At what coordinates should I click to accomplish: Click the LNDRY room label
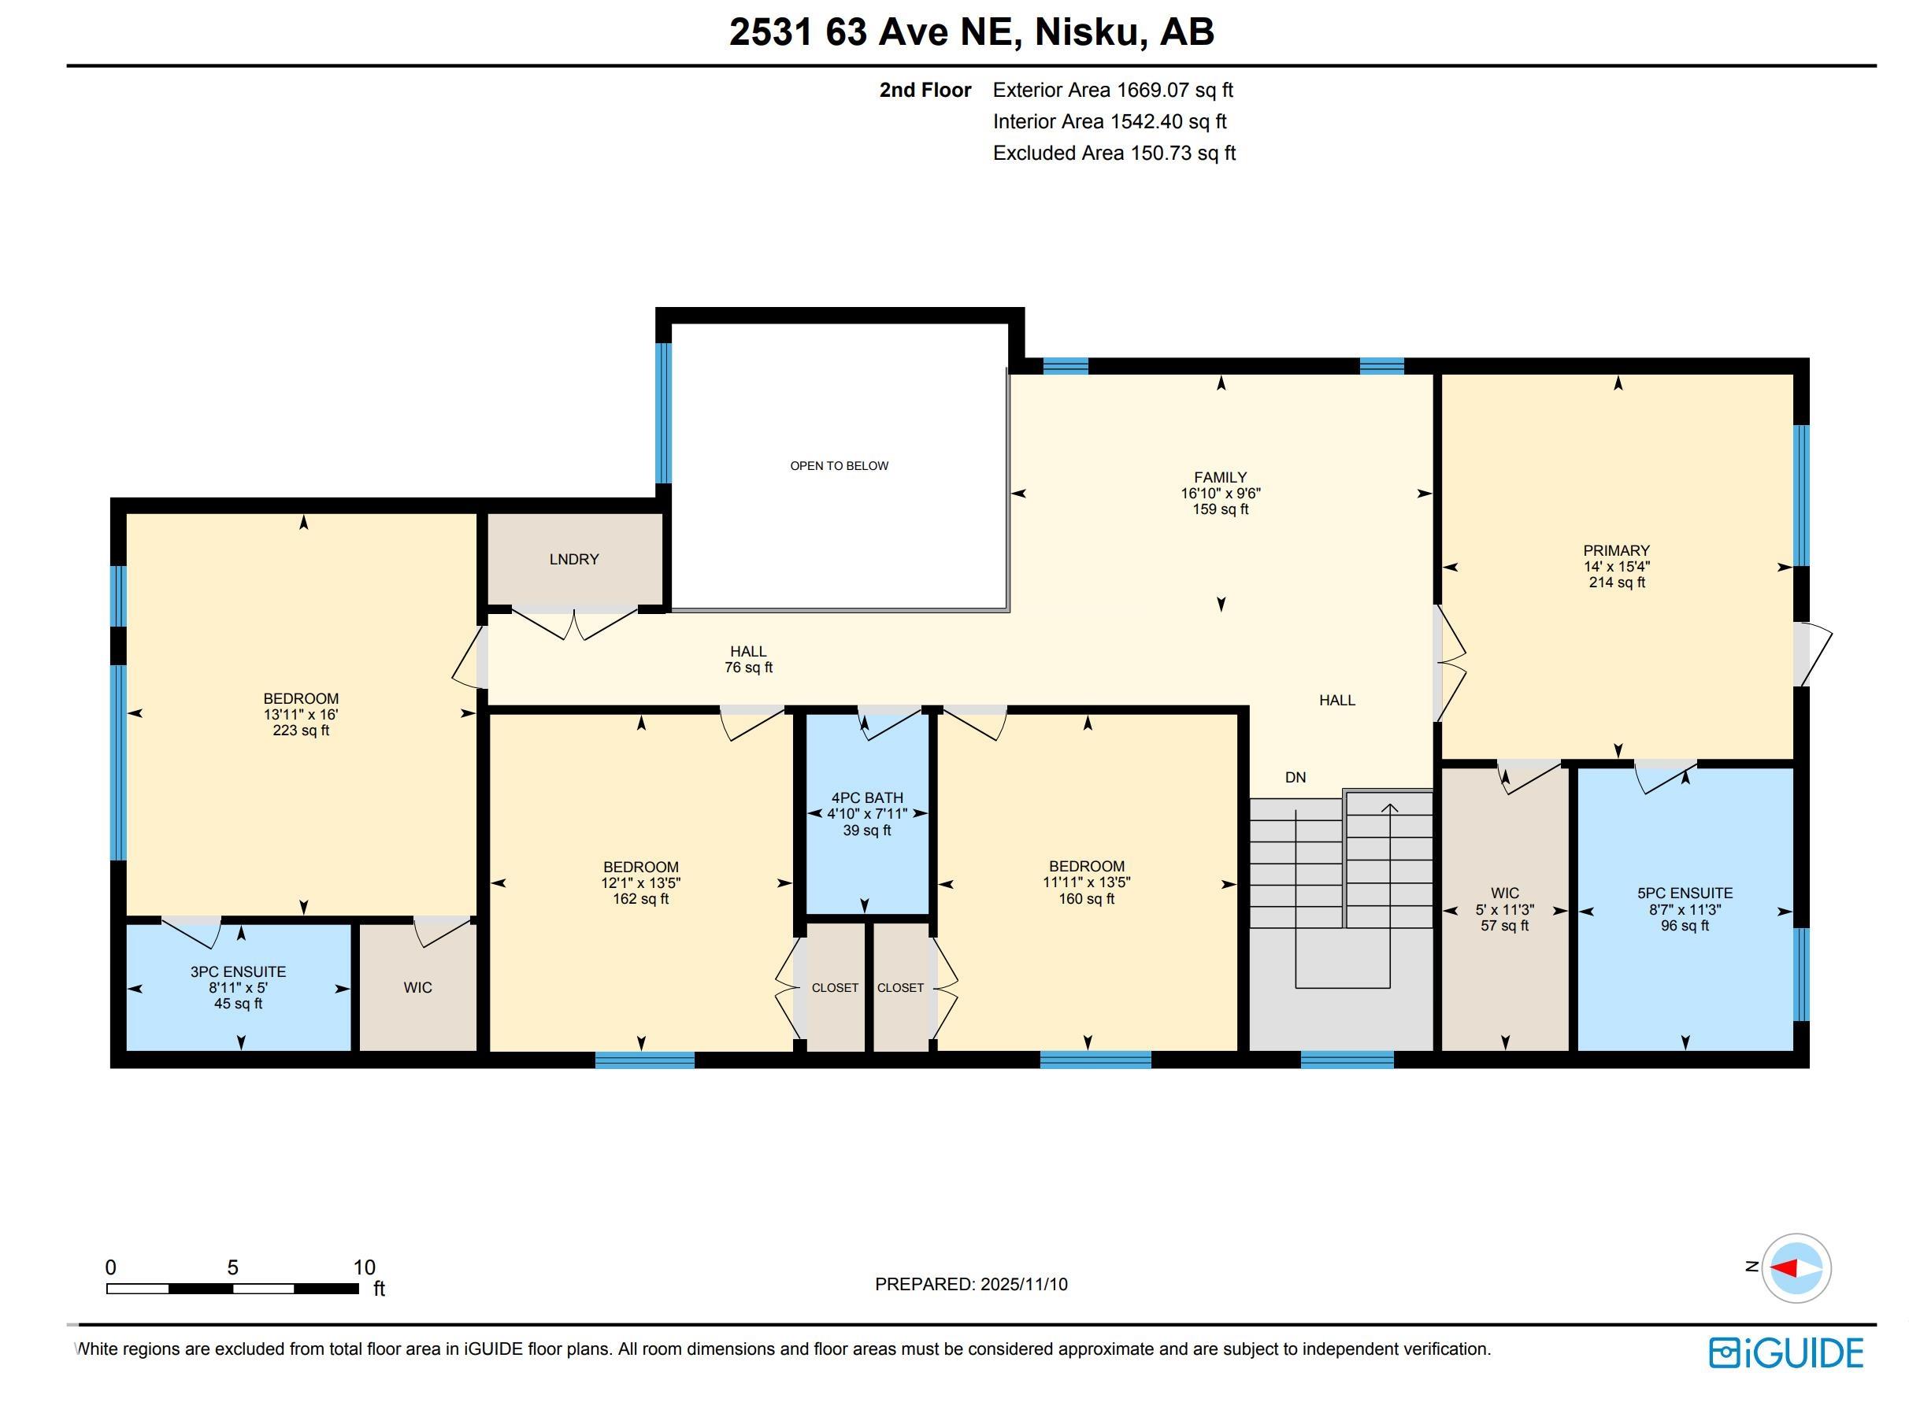point(573,559)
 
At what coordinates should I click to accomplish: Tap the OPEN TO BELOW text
point(838,466)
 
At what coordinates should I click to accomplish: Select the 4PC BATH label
point(866,797)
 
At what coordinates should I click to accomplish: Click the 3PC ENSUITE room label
point(238,972)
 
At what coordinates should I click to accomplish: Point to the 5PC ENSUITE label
point(1685,893)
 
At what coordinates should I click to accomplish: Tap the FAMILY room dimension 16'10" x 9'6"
point(1219,494)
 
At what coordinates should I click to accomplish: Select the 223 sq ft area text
point(300,731)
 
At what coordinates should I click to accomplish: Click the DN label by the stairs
point(1295,777)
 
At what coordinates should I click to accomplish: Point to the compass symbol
point(1795,1267)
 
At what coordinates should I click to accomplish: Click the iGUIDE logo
point(1785,1352)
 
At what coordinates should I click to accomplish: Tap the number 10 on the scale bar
point(364,1267)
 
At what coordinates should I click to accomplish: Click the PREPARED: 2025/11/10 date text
point(970,1284)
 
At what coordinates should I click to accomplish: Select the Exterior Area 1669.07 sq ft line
point(1112,90)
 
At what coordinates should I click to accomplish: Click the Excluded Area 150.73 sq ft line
point(1114,153)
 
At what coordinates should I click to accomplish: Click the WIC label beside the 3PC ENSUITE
point(418,987)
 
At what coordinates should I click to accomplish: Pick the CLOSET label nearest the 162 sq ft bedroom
point(834,987)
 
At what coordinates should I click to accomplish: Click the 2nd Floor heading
point(924,90)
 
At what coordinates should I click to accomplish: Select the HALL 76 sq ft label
point(748,659)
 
